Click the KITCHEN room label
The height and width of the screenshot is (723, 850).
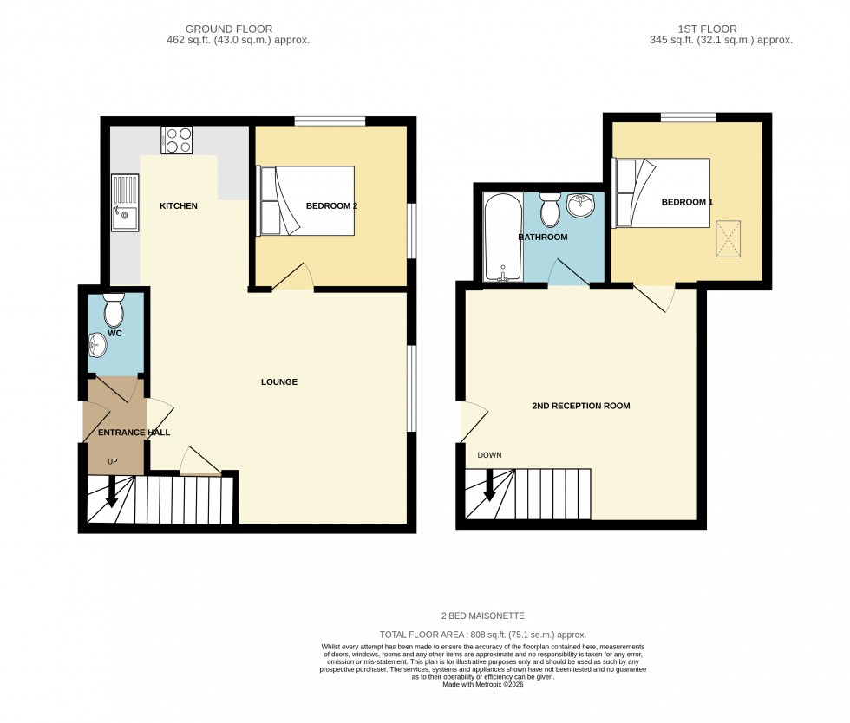[179, 206]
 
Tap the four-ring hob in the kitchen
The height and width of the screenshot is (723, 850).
[177, 140]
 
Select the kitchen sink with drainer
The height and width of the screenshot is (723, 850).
[124, 204]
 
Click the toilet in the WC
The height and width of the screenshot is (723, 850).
[114, 309]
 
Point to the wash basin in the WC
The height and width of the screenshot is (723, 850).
[97, 345]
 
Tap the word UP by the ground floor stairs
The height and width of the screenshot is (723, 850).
[112, 461]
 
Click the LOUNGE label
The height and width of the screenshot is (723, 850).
[279, 382]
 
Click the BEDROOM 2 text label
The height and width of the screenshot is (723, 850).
[331, 206]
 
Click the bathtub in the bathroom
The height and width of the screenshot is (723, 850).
[500, 238]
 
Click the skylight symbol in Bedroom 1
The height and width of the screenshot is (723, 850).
[729, 238]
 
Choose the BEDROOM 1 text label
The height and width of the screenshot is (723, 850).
[687, 202]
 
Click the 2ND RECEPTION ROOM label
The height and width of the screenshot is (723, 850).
[580, 406]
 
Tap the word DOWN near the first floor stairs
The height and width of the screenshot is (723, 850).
[489, 455]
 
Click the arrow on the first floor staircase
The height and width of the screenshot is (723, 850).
[489, 485]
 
